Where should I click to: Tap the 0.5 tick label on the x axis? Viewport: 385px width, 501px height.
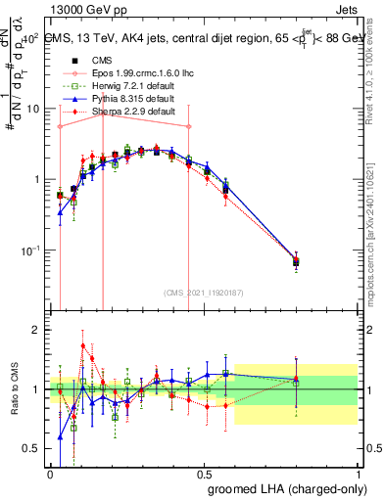205,473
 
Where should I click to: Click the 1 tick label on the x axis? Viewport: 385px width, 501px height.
361,473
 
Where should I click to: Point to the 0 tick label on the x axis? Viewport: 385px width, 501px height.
50,473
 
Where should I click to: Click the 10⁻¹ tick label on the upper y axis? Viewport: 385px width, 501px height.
29,250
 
